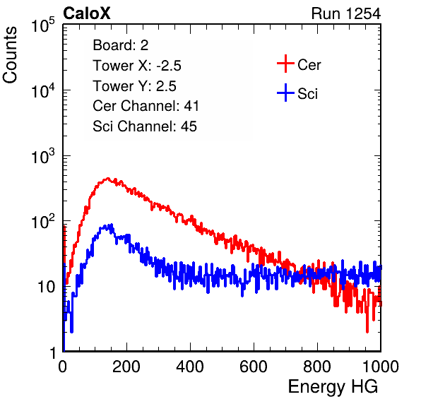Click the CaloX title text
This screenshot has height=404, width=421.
coord(87,13)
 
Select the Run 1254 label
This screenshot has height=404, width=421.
coord(346,13)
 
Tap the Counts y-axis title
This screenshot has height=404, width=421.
coord(10,55)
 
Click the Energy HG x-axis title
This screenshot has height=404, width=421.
coord(333,387)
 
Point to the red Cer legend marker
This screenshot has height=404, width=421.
coord(285,64)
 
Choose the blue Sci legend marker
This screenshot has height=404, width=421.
coord(285,93)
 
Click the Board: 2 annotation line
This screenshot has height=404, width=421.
coord(121,45)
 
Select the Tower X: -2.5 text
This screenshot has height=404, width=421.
coord(137,66)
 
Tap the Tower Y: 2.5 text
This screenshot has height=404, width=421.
coord(134,86)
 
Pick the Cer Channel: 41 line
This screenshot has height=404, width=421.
coord(146,106)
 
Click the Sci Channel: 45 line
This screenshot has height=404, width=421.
coord(145,126)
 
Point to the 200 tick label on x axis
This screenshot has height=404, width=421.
coord(126,367)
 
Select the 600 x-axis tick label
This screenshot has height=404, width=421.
coord(254,367)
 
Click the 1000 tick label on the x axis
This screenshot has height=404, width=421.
coord(381,367)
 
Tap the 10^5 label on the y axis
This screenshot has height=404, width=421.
coord(43,25)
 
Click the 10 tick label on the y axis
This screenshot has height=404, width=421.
coord(47,287)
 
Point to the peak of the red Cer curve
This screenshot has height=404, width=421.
coord(108,178)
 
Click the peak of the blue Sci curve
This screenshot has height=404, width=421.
coord(112,224)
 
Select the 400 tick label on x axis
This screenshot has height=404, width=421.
coord(190,367)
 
